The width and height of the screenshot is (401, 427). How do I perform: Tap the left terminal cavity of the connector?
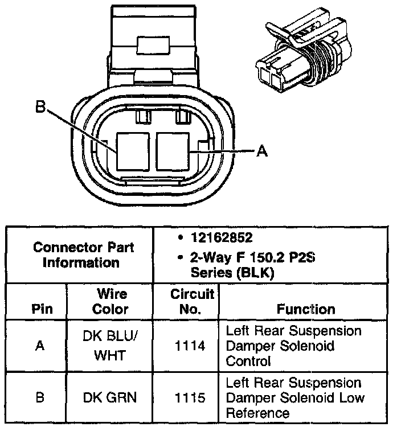tap(134, 150)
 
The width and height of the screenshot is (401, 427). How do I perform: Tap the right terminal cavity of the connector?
tap(174, 150)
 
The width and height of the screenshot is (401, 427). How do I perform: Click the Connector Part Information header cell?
tap(83, 254)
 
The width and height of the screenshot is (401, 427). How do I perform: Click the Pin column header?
tap(40, 309)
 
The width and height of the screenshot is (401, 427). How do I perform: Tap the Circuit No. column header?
tap(186, 302)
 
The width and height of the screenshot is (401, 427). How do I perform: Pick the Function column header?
tap(306, 309)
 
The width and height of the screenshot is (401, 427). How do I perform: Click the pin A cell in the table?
tap(40, 346)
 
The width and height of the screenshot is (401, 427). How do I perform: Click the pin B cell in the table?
tap(40, 397)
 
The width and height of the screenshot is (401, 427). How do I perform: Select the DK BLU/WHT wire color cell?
tap(111, 346)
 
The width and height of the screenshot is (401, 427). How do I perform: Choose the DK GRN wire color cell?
tap(111, 397)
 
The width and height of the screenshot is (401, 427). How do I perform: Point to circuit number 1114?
tap(186, 346)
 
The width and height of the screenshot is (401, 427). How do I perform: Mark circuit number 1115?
tap(186, 397)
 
